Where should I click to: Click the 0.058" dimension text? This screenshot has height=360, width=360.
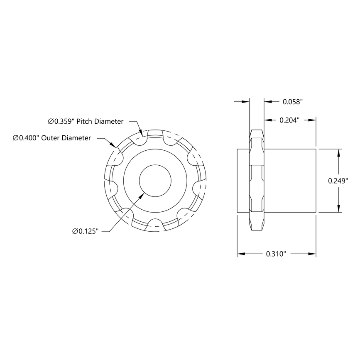point(293,101)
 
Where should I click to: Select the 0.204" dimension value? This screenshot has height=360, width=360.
point(290,120)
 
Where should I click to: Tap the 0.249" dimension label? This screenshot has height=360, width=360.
point(338,181)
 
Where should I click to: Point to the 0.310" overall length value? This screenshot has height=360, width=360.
point(277,254)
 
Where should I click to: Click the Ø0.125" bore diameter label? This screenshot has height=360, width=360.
point(85,231)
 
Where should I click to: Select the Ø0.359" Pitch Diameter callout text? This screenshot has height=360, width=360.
point(86,122)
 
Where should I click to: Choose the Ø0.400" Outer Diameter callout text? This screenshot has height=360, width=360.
point(52,138)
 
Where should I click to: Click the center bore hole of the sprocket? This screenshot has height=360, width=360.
point(155,181)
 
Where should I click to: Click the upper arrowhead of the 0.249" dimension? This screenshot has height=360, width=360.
point(339,153)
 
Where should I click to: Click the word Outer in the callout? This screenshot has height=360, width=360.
point(52,138)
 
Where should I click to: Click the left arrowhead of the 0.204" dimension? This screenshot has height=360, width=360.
point(267,120)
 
